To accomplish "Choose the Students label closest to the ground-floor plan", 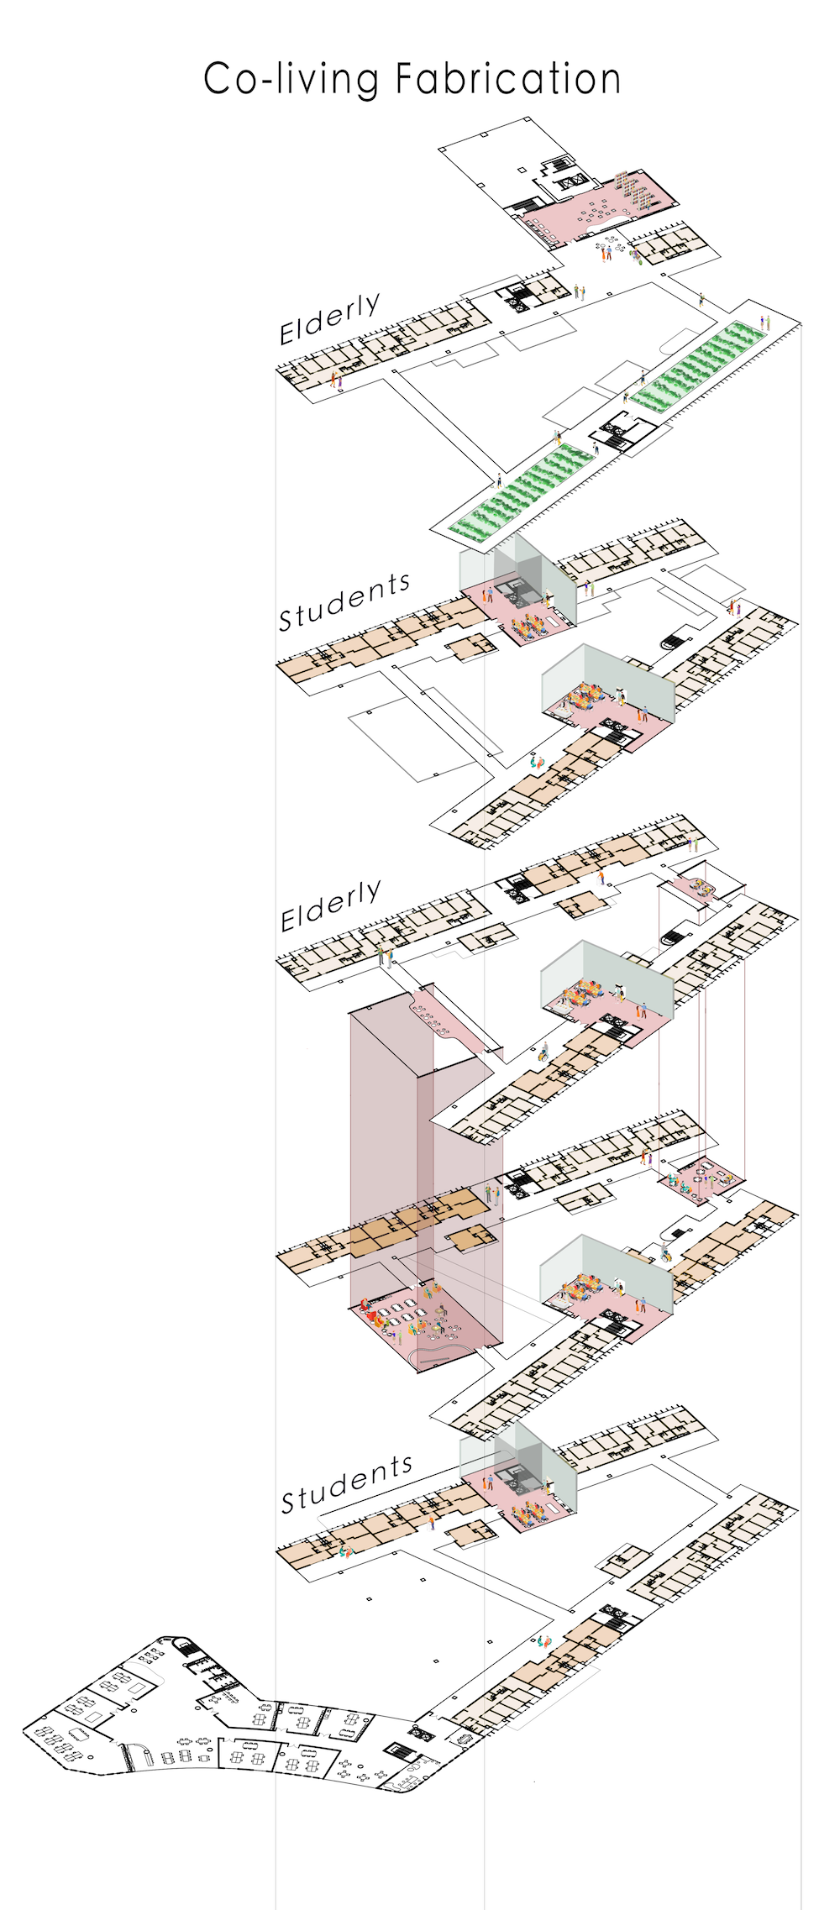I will pyautogui.click(x=346, y=1486).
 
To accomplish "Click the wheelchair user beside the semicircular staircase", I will pyautogui.click(x=665, y=1255).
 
